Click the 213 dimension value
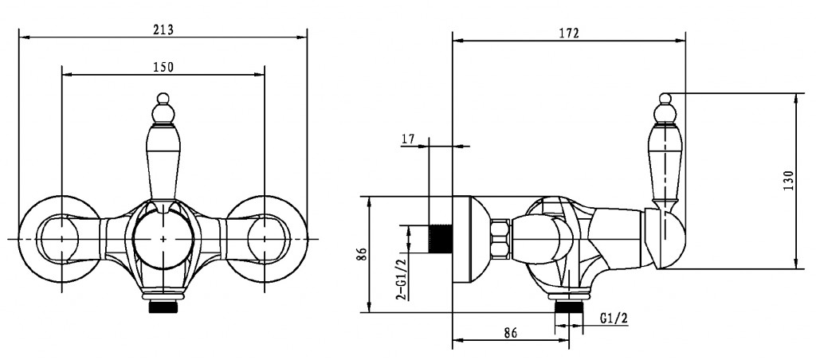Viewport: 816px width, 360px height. [x=163, y=29]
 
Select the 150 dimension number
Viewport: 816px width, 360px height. [x=163, y=67]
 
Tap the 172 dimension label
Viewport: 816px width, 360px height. [x=569, y=33]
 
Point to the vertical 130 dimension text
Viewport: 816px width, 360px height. [x=788, y=181]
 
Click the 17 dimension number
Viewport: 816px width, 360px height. [x=408, y=139]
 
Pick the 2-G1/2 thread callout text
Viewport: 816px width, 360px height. [x=402, y=279]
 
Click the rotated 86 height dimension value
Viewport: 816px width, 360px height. [x=363, y=254]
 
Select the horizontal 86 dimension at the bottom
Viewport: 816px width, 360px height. [x=511, y=333]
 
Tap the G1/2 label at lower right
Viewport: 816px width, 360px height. [x=614, y=319]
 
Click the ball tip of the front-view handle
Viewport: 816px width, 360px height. [x=163, y=98]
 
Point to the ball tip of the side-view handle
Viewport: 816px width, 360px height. [x=665, y=98]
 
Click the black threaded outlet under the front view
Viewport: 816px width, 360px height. [x=163, y=307]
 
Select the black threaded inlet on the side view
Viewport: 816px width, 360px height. [x=440, y=239]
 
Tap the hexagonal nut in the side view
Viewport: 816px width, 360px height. [x=501, y=239]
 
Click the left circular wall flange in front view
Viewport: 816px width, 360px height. [x=59, y=239]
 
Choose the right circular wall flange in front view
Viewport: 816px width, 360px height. [x=267, y=239]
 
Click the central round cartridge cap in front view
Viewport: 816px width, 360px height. [x=163, y=239]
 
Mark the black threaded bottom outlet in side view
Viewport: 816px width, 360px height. [x=568, y=307]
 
